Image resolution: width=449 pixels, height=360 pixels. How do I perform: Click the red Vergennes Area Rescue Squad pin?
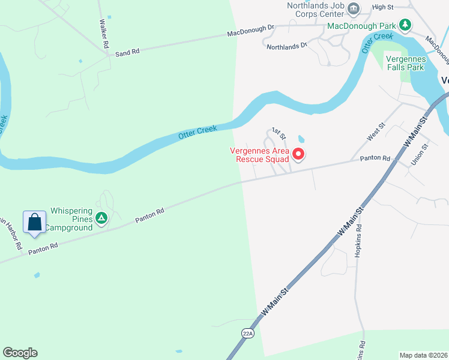pos(298,155)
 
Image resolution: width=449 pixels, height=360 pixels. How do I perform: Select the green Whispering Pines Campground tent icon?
pos(101,218)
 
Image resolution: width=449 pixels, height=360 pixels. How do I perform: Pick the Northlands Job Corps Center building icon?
pos(354,8)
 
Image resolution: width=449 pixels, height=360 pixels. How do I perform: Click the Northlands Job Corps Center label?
pos(316,11)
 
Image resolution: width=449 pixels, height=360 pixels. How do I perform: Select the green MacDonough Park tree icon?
pos(406,25)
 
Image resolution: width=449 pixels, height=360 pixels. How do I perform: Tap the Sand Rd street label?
pos(127,53)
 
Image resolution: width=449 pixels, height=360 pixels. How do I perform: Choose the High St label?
pos(382,7)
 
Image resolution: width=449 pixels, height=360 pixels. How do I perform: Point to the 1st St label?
pos(277,131)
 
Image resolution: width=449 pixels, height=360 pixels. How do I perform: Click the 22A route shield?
pos(249,332)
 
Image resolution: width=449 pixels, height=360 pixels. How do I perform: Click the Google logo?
pos(20,353)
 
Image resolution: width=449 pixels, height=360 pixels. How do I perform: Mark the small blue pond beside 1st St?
pos(301,139)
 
